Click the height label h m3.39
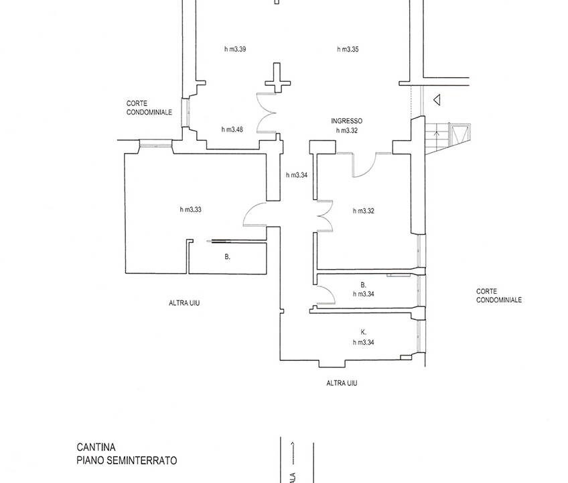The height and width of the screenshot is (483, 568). (x=235, y=49)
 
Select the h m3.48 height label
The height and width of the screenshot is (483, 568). (x=232, y=129)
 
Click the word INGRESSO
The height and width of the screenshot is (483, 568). (x=346, y=121)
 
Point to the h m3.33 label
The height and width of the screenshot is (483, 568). (x=191, y=210)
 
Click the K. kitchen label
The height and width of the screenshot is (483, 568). (x=363, y=333)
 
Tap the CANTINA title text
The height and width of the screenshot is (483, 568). (x=95, y=446)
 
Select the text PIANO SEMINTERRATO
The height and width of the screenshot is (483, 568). (x=126, y=461)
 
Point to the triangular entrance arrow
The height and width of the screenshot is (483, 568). (x=436, y=101)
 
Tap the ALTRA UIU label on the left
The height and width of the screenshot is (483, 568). (x=184, y=303)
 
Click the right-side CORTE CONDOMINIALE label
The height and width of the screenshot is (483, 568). (x=499, y=296)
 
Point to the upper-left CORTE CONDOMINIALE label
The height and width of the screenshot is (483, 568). (x=149, y=108)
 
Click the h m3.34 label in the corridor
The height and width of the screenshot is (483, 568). (x=297, y=176)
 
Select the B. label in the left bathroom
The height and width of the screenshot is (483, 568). (x=228, y=257)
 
